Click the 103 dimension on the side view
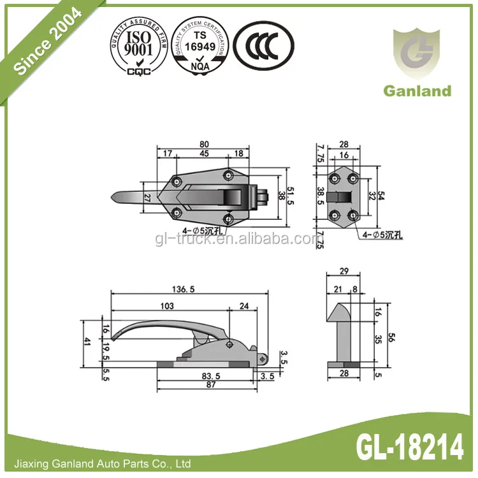pyautogui.click(x=167, y=306)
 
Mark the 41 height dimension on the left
pyautogui.click(x=87, y=341)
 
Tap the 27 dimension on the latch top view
pyautogui.click(x=148, y=198)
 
